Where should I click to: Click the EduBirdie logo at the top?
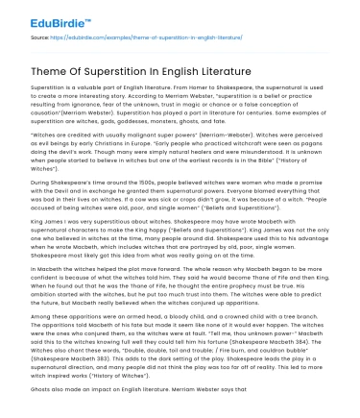coord(39,18)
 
